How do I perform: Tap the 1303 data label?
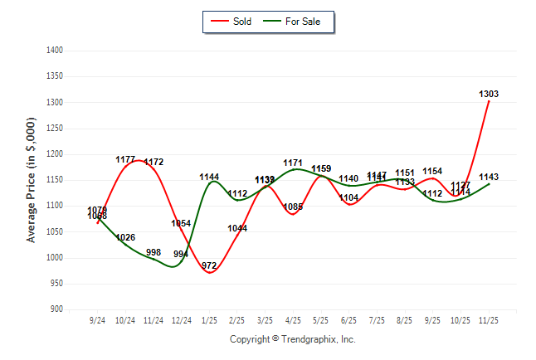click(489, 94)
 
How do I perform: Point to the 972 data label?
click(209, 266)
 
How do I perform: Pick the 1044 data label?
click(237, 228)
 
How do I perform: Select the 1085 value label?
click(292, 207)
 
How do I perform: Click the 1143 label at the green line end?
click(489, 178)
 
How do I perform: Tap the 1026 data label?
click(125, 238)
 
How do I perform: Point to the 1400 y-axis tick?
click(55, 51)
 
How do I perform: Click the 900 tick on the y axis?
click(56, 309)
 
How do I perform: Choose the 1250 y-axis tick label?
click(55, 129)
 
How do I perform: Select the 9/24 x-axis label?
click(97, 320)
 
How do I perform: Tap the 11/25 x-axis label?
click(489, 320)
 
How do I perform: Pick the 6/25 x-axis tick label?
click(348, 320)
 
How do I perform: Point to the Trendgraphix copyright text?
click(292, 339)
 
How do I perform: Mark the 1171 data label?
click(292, 163)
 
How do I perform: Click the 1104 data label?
click(348, 197)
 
